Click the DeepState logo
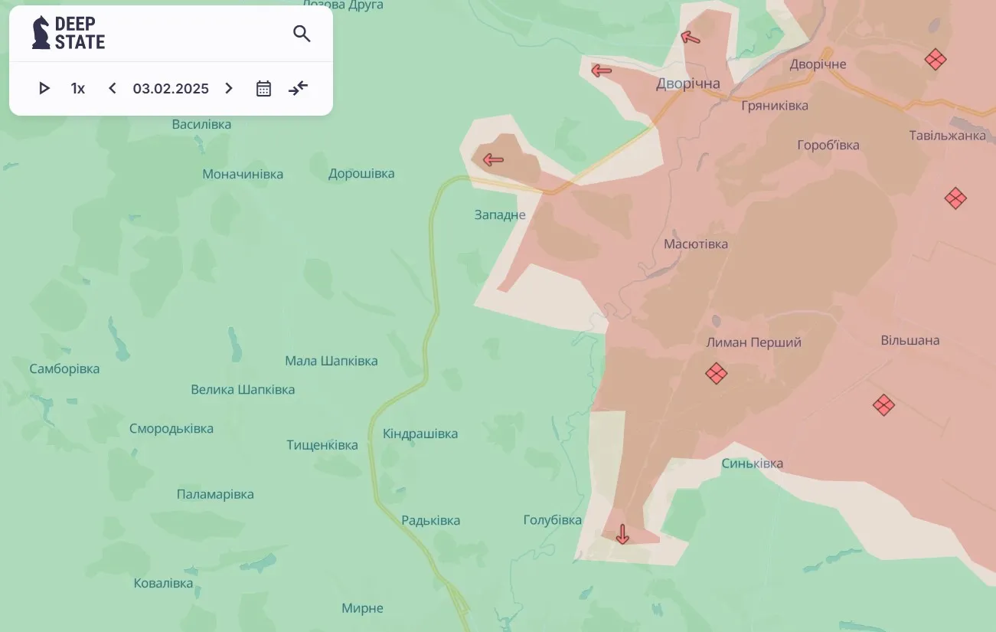tap(68, 33)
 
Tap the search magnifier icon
tap(302, 34)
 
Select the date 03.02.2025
tap(171, 88)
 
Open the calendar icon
tap(263, 88)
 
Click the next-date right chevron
tap(229, 88)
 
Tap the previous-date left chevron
tap(113, 88)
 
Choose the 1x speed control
tap(77, 88)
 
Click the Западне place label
tap(500, 214)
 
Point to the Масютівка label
tap(696, 244)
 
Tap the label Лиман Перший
tap(753, 342)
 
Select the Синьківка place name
tap(752, 463)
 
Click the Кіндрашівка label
tap(420, 434)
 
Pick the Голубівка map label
tap(552, 520)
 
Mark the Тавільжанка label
tap(947, 136)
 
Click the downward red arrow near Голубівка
tap(622, 534)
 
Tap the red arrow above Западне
tap(493, 160)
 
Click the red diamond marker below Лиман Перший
tap(716, 374)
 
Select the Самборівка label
tap(64, 368)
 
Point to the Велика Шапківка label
tap(243, 389)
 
